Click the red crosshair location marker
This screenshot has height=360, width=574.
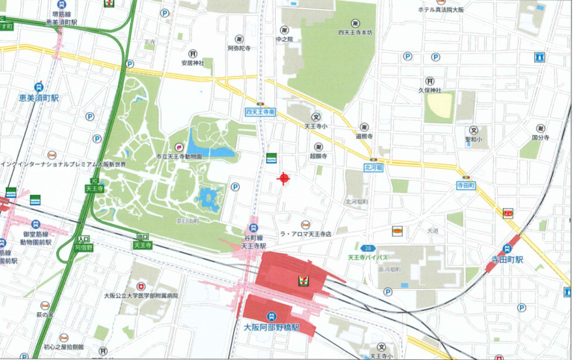[x=283, y=178]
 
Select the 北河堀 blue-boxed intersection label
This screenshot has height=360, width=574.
[x=374, y=168]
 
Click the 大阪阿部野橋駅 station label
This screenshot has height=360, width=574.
[x=271, y=328]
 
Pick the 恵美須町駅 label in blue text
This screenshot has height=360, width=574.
[x=38, y=98]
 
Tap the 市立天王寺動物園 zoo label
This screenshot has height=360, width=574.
[x=179, y=157]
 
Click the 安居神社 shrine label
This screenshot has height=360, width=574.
[x=192, y=63]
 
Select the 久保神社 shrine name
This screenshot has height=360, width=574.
[x=430, y=90]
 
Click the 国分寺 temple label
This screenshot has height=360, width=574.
[x=540, y=138]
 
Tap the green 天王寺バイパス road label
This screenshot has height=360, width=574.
[x=367, y=258]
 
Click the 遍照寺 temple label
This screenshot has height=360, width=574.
[x=364, y=137]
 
